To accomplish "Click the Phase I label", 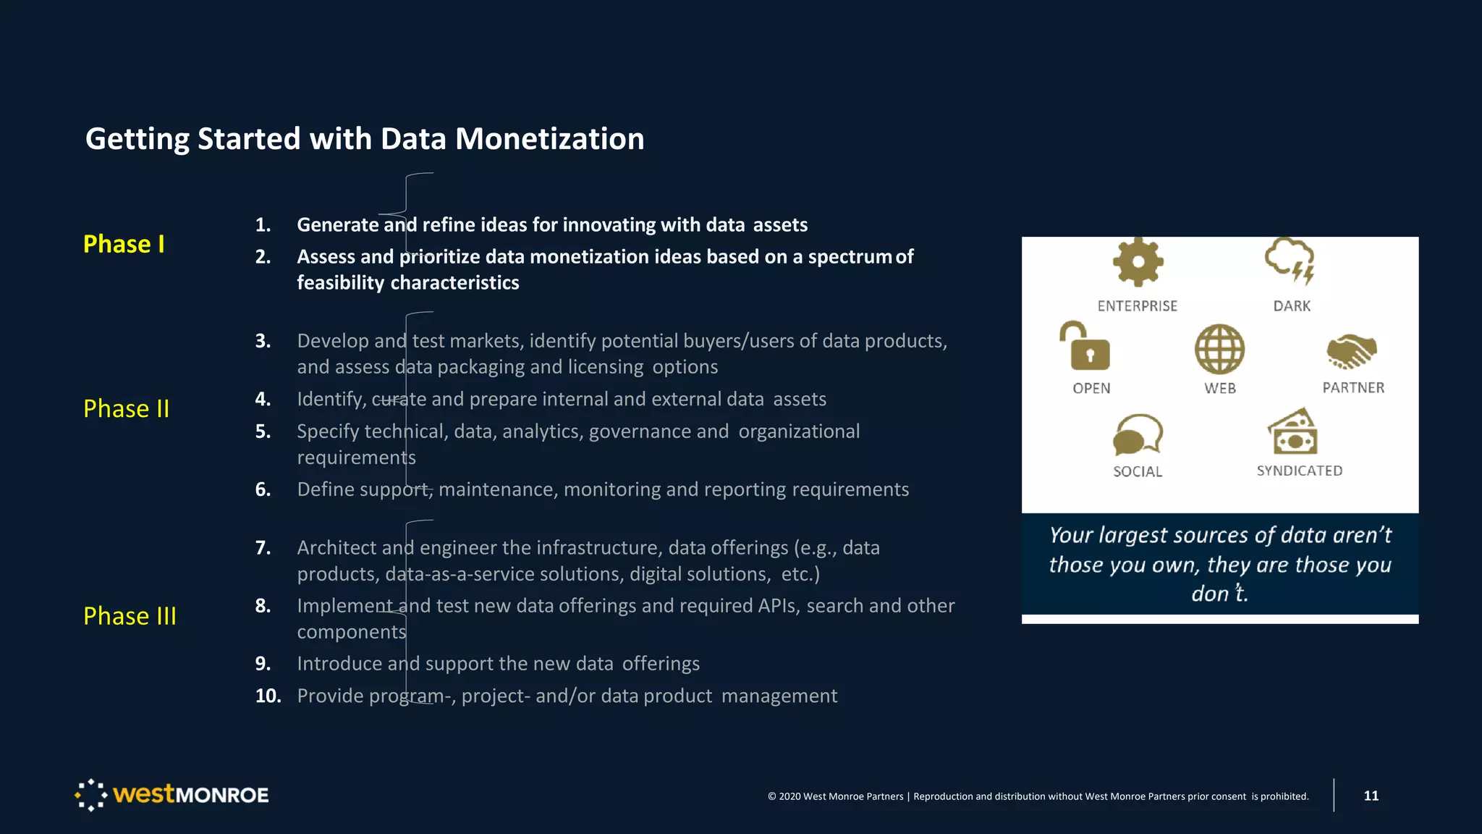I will pos(124,244).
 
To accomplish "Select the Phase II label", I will pos(127,408).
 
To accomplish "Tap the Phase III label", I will pos(130,615).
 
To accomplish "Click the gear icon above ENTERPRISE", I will pos(1138,262).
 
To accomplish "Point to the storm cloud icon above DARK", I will pos(1290,261).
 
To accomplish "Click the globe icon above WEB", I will pos(1219,349).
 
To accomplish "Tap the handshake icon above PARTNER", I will pos(1351,350).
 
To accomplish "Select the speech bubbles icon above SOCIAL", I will pos(1138,434).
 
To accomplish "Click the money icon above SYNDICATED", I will pos(1292,431).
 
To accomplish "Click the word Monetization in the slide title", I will pos(549,139).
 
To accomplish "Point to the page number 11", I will pos(1371,796).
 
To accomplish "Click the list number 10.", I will pos(267,696).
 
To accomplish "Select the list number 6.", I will pos(263,489).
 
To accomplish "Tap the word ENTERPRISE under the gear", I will pos(1137,306).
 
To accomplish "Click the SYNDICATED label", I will pos(1299,471).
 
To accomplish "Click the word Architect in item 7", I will pos(336,547).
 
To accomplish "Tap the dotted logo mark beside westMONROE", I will pos(91,795).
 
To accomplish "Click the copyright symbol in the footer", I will pos(771,796).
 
